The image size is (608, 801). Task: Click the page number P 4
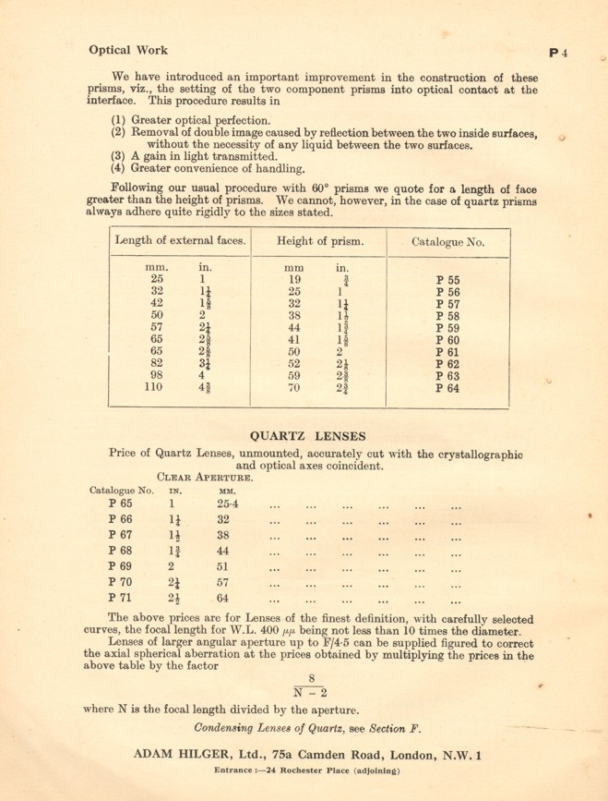pyautogui.click(x=559, y=53)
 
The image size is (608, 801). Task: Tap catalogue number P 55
pyautogui.click(x=448, y=278)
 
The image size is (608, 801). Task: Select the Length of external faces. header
pyautogui.click(x=180, y=242)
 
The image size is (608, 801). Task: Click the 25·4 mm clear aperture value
pyautogui.click(x=228, y=504)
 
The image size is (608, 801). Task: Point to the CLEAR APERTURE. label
pyautogui.click(x=205, y=478)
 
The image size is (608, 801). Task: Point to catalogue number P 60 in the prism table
pyautogui.click(x=448, y=338)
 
